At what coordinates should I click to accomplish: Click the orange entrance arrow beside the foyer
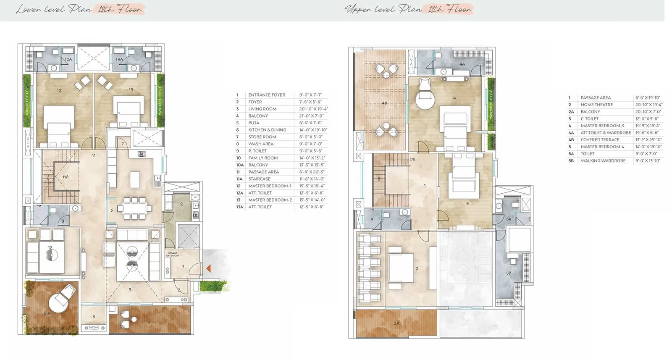(208, 268)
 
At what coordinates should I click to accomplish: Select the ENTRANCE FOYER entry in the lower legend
(266, 95)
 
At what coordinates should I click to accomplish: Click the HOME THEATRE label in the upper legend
(596, 105)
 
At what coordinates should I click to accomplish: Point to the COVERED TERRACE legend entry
(600, 139)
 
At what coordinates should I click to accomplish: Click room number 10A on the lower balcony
(47, 314)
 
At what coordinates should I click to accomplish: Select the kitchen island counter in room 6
(135, 179)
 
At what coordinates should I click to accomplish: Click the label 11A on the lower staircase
(66, 177)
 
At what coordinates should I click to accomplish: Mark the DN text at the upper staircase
(412, 160)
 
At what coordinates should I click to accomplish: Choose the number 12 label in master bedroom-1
(59, 90)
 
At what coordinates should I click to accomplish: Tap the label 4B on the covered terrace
(384, 103)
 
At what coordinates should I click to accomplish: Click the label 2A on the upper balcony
(396, 323)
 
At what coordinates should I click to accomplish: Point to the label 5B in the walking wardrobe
(509, 273)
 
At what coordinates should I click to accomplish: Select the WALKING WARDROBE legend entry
(603, 160)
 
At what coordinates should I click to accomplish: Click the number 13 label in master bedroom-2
(131, 89)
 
